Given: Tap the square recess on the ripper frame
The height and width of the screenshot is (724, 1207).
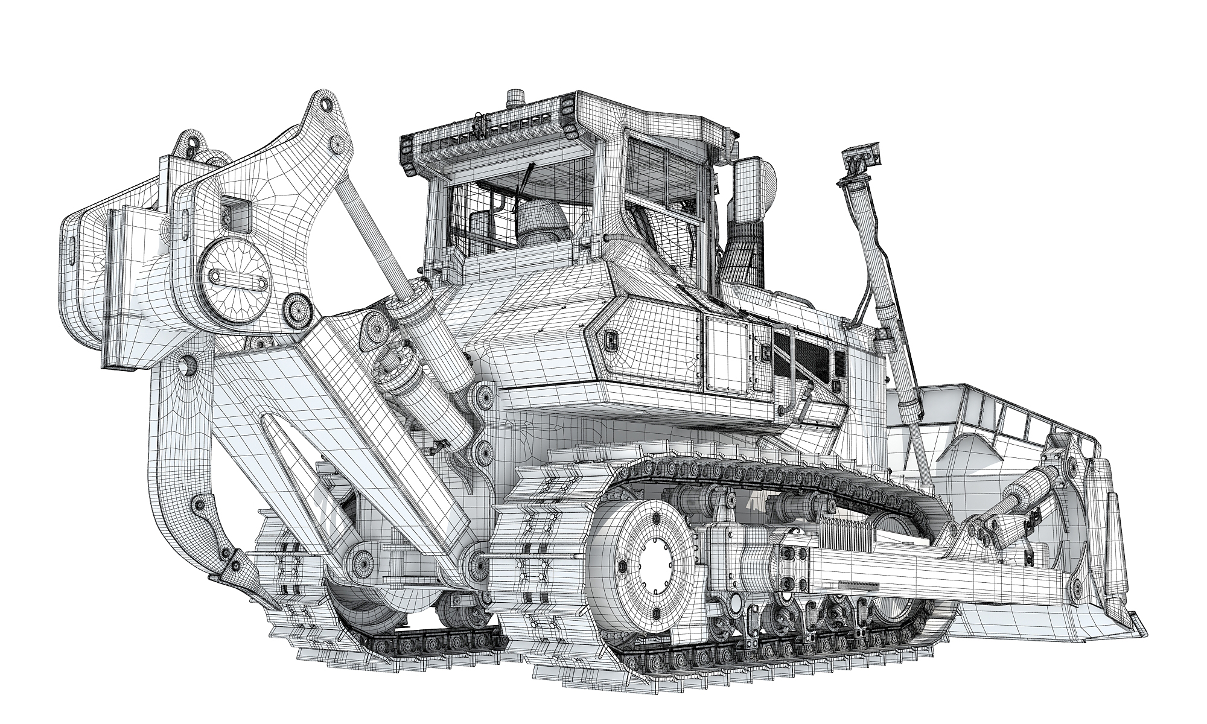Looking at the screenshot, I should pyautogui.click(x=236, y=214).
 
